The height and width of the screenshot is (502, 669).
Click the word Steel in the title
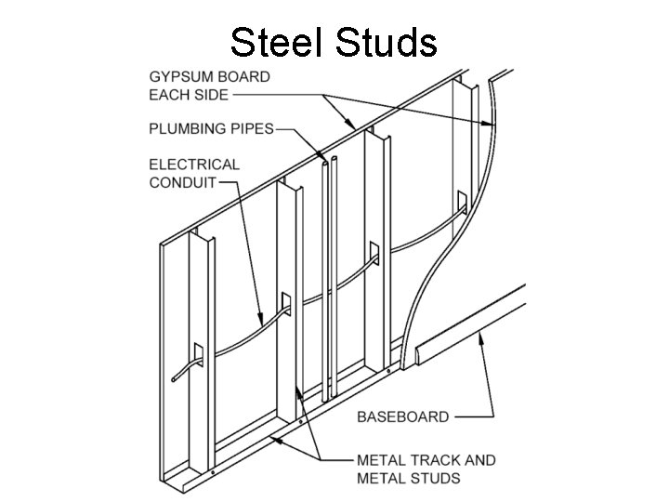click(277, 42)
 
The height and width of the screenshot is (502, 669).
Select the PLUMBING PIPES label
click(211, 128)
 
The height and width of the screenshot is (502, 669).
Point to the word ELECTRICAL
click(194, 164)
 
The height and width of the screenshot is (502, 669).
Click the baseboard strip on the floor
click(474, 325)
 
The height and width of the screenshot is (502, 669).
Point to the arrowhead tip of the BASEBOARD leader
click(479, 337)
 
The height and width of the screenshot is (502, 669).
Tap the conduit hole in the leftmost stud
click(198, 353)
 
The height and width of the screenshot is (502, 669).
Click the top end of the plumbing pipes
click(328, 163)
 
